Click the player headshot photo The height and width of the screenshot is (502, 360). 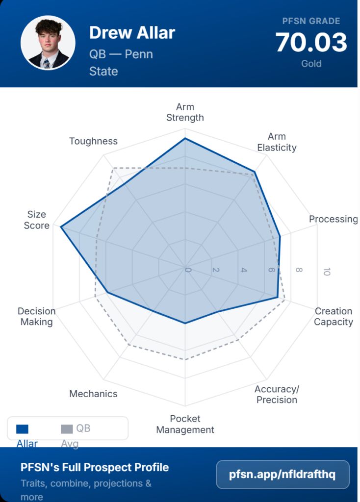tap(48, 43)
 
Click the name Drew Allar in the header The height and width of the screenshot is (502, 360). tap(132, 33)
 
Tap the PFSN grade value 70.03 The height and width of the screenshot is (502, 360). tap(311, 43)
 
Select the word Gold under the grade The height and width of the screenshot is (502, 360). tap(311, 64)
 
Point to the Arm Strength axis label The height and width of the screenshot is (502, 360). tap(185, 112)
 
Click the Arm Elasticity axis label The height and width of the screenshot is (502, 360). tap(277, 142)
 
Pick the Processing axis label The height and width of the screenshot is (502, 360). tap(333, 219)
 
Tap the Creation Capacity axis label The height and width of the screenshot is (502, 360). tap(334, 316)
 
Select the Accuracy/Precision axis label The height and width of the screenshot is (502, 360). tap(277, 394)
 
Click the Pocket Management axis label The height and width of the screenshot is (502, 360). tap(185, 424)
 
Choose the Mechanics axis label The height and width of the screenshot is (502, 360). tap(93, 394)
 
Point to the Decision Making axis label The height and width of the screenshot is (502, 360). tap(36, 316)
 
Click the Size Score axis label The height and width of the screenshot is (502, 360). tap(37, 220)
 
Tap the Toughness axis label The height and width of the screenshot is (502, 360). tap(93, 141)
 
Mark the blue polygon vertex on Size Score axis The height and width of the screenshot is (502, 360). tap(60, 227)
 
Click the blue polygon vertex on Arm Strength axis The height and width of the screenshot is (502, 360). tap(185, 139)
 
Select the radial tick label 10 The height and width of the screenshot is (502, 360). tap(326, 271)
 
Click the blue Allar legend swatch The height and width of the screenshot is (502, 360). tap(22, 429)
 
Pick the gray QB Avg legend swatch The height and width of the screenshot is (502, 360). tap(66, 429)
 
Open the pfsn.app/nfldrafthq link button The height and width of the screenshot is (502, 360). tap(283, 475)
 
